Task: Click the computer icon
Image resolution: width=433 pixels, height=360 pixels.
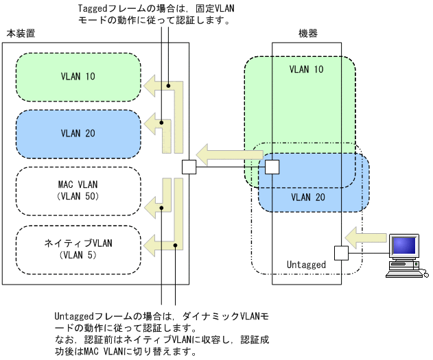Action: tap(406, 254)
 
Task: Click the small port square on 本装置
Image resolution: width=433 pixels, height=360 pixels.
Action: tap(189, 167)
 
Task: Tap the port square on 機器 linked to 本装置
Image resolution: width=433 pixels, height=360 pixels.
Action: tap(272, 167)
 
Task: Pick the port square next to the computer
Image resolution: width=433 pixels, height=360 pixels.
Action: tap(341, 253)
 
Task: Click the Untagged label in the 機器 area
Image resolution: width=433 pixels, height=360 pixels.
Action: tap(305, 264)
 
